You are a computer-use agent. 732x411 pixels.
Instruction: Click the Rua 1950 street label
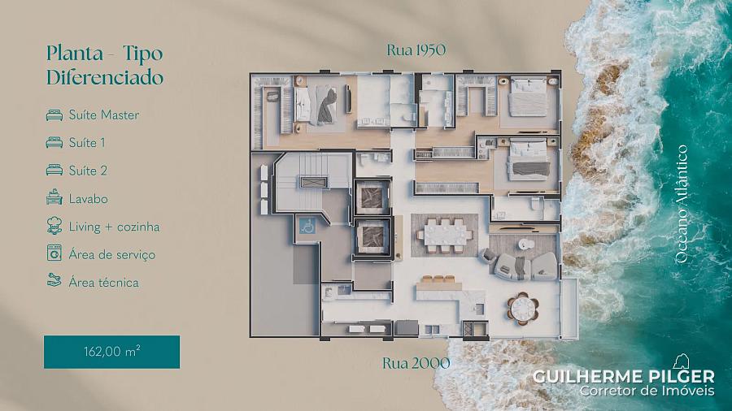point(416,50)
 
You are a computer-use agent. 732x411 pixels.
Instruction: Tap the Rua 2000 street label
point(416,363)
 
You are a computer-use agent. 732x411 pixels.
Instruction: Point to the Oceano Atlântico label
point(682,204)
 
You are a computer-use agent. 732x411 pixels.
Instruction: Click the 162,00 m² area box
point(111,352)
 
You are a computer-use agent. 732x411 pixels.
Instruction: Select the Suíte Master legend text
point(103,115)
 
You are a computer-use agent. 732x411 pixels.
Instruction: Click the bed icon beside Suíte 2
point(54,170)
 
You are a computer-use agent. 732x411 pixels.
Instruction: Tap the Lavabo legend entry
point(88,199)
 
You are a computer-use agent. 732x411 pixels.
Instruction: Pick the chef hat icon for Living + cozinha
point(54,226)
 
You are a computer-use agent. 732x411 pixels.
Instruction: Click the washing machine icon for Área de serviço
point(54,253)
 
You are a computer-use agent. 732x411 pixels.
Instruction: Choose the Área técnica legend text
point(103,283)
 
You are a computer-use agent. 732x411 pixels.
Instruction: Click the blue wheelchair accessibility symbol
point(307,227)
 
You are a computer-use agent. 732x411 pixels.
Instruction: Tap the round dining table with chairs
point(523,308)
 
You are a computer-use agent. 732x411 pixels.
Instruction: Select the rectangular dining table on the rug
point(444,236)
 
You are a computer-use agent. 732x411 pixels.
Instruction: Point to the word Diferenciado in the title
point(105,77)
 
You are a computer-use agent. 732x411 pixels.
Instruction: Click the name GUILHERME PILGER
point(623,377)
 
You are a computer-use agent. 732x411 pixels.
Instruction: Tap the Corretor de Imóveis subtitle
point(647,391)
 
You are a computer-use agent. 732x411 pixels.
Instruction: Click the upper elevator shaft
point(372,197)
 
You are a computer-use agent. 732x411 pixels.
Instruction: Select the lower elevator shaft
point(372,236)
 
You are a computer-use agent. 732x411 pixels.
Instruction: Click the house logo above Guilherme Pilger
point(681,361)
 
